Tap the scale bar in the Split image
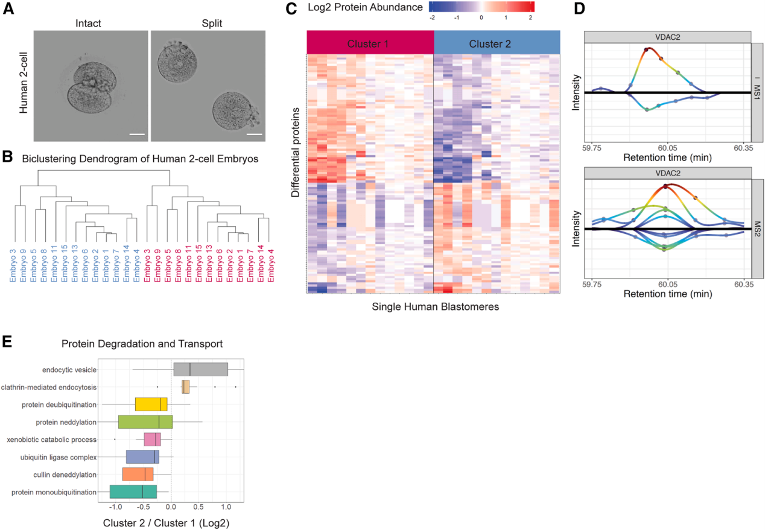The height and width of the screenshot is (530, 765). (x=255, y=133)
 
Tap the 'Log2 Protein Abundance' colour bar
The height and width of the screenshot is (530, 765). (x=481, y=7)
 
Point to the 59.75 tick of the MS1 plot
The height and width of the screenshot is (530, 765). (x=592, y=147)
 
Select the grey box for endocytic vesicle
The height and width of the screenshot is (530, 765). (x=200, y=369)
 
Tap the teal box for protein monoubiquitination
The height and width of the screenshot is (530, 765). (x=133, y=492)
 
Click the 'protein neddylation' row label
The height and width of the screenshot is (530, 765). (x=66, y=421)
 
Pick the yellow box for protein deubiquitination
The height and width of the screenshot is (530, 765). (x=151, y=404)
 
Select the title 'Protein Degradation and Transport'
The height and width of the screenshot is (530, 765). (x=142, y=344)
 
